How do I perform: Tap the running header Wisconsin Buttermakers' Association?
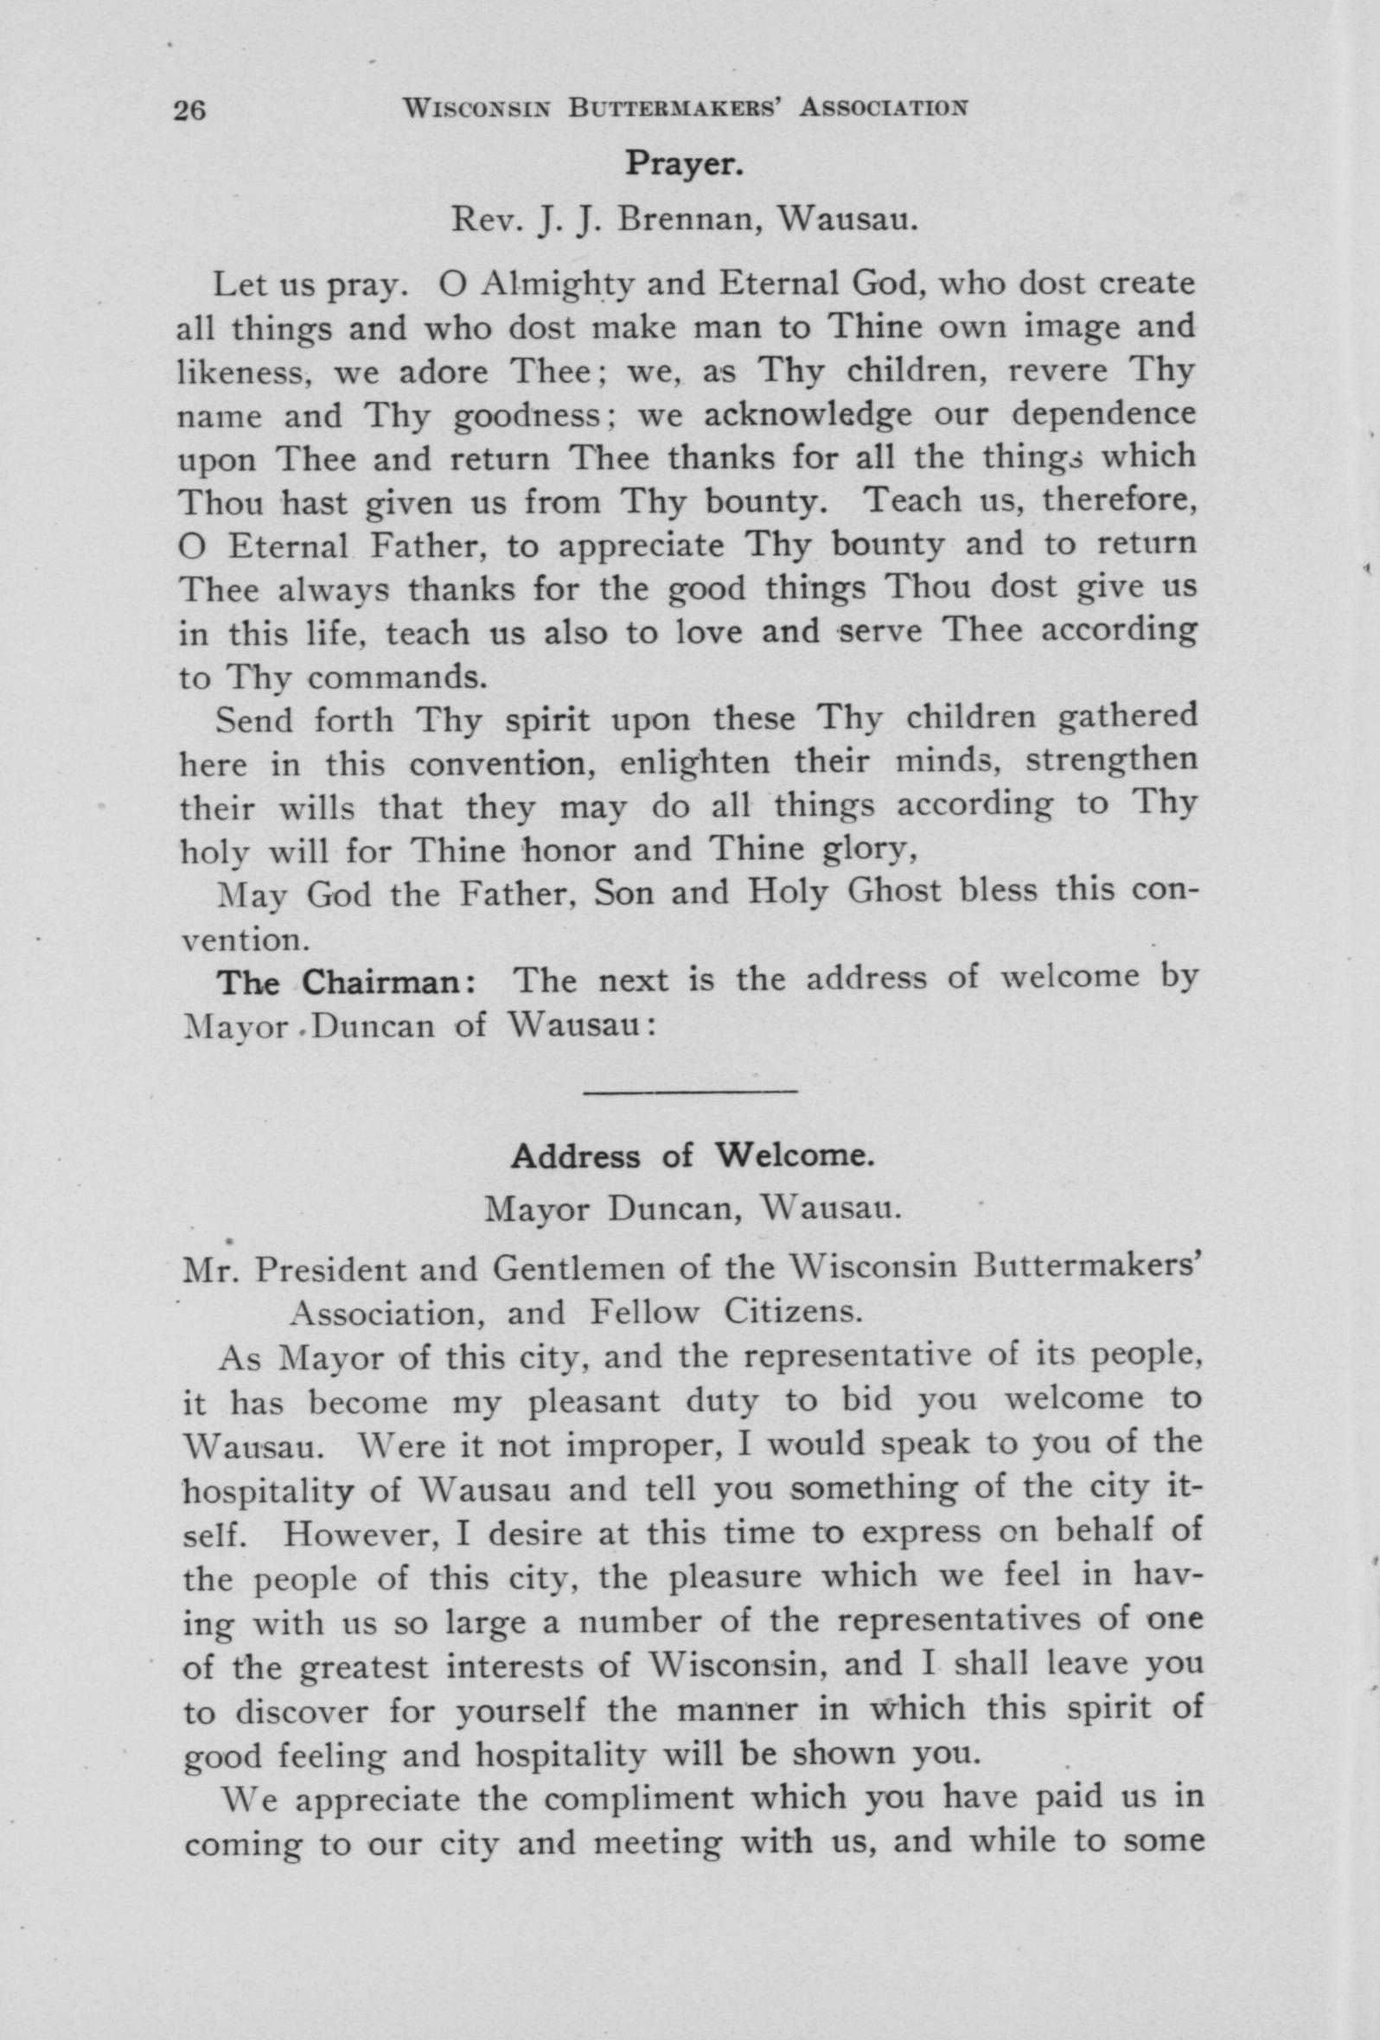coord(684,109)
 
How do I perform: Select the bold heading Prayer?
coord(684,164)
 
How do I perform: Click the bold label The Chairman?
coord(348,982)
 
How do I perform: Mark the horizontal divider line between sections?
coord(690,1091)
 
